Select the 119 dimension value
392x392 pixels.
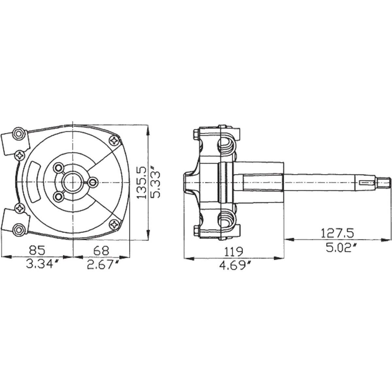coord(235,252)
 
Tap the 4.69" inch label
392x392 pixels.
coord(235,265)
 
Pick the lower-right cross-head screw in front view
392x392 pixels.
coord(115,224)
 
